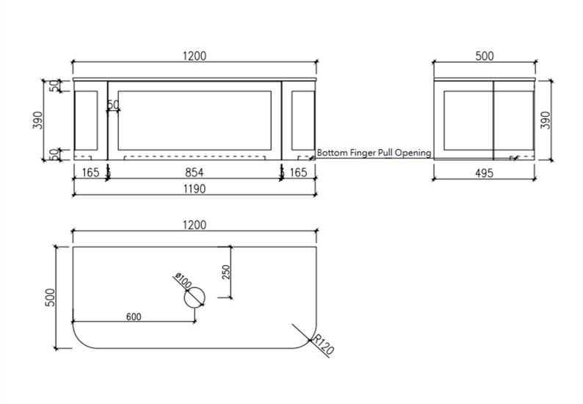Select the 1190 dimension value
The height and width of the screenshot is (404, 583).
[195, 189]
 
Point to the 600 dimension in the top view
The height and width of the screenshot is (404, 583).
[134, 317]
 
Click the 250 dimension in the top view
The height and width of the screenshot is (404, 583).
[226, 272]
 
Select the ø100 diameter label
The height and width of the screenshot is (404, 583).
[182, 281]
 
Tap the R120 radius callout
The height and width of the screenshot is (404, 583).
[323, 345]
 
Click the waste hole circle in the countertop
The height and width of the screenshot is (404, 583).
[195, 297]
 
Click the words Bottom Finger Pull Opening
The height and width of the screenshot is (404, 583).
[374, 153]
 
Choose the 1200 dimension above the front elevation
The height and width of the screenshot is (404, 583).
[195, 56]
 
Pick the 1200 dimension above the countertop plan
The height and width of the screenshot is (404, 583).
[195, 225]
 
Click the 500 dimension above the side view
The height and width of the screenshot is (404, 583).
[485, 56]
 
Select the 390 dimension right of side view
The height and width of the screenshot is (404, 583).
[545, 120]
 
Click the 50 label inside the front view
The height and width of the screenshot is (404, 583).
[113, 104]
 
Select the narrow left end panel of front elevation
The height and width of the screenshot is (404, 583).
[88, 119]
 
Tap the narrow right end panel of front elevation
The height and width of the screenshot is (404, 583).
[302, 119]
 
